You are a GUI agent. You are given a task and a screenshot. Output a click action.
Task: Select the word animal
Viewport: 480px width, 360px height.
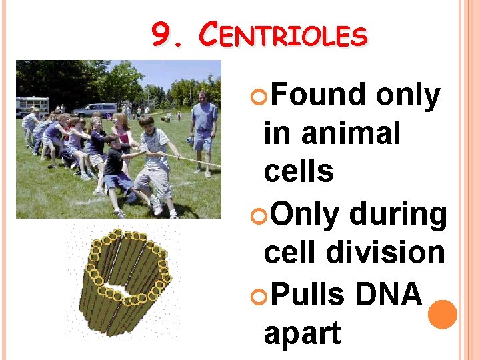[351, 133]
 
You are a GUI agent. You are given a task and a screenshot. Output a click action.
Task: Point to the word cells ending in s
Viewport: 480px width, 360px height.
[299, 171]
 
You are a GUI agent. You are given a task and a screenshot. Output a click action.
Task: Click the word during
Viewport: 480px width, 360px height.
[397, 215]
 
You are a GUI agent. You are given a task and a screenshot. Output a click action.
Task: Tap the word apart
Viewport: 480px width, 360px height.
[302, 333]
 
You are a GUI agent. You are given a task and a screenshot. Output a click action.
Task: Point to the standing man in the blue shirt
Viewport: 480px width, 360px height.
[203, 130]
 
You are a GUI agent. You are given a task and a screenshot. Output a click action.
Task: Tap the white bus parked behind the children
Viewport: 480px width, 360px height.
[32, 105]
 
